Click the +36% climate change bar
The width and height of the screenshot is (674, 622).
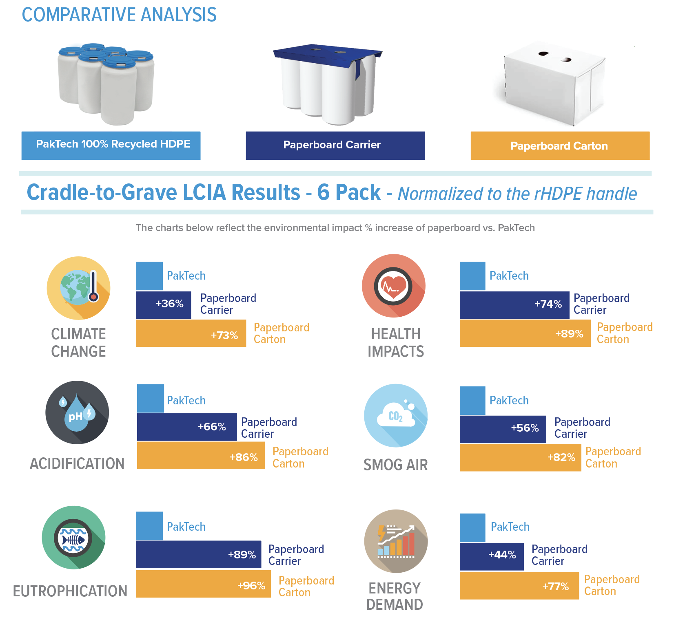click(x=164, y=305)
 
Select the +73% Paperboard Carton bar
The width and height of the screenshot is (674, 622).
click(x=191, y=333)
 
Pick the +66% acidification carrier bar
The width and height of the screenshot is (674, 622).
click(x=187, y=427)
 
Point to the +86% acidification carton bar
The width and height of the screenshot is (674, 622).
click(x=201, y=456)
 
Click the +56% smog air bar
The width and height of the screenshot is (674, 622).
click(x=503, y=429)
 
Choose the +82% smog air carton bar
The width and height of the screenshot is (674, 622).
click(x=520, y=457)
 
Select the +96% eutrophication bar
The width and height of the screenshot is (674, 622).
click(x=203, y=584)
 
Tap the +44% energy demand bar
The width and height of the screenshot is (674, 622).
click(x=492, y=556)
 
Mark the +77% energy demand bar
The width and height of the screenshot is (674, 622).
click(x=519, y=586)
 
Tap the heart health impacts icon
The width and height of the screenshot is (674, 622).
click(x=393, y=286)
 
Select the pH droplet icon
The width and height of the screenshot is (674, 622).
click(x=77, y=412)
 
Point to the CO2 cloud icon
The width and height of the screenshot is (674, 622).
click(x=395, y=416)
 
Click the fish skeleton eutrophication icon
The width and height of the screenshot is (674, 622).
click(x=73, y=538)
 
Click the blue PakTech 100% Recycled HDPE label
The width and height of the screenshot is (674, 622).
click(x=111, y=146)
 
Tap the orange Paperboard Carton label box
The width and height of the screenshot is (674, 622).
click(x=560, y=146)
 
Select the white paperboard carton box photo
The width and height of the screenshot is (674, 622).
click(x=551, y=84)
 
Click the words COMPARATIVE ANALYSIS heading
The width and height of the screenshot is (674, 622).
click(x=119, y=15)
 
